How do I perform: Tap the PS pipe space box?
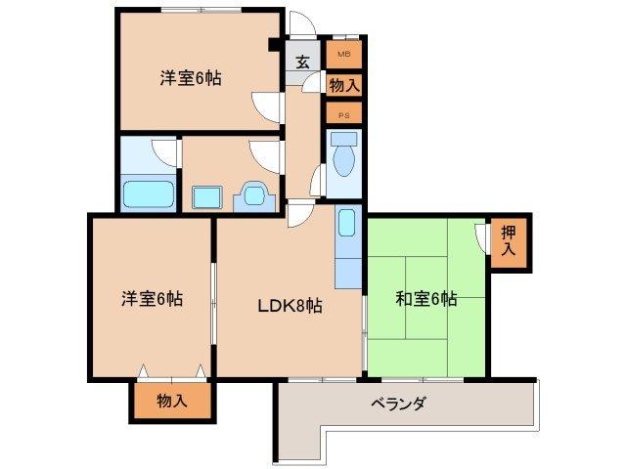point(344,114)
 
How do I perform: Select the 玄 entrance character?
point(303,62)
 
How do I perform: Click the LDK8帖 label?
point(290,305)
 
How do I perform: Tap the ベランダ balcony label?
point(398,404)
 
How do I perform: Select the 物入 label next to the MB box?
point(344,86)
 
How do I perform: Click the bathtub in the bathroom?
point(148,193)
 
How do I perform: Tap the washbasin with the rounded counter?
point(255,195)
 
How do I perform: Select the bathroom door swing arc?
point(163,152)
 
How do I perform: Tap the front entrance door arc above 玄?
point(300,25)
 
